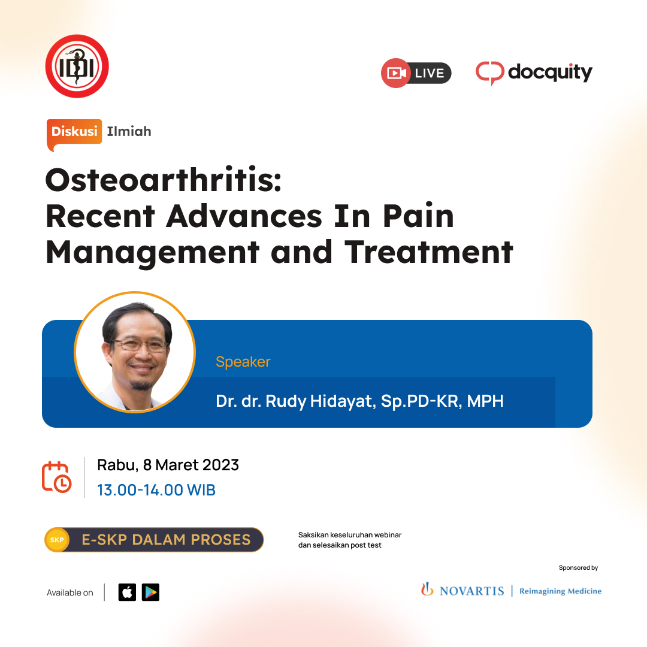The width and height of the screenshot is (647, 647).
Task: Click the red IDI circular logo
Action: (77, 66)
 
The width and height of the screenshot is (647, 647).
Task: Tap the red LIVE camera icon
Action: (396, 73)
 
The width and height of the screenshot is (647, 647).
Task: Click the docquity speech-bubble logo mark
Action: (490, 73)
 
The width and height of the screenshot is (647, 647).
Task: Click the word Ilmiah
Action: (129, 131)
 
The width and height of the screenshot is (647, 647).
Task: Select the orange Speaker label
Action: (243, 362)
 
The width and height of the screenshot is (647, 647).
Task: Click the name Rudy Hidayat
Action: (321, 401)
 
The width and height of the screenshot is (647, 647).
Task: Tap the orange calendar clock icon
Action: (56, 477)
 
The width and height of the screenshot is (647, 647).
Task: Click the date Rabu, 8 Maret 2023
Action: (168, 465)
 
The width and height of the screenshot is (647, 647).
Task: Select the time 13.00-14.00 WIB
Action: (156, 490)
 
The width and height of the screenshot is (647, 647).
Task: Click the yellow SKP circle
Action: (57, 540)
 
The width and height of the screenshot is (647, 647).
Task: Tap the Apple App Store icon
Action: (127, 592)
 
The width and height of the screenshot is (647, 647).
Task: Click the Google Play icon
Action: (150, 592)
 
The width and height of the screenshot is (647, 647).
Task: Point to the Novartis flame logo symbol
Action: (427, 589)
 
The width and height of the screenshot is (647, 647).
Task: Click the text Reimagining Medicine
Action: (560, 591)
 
